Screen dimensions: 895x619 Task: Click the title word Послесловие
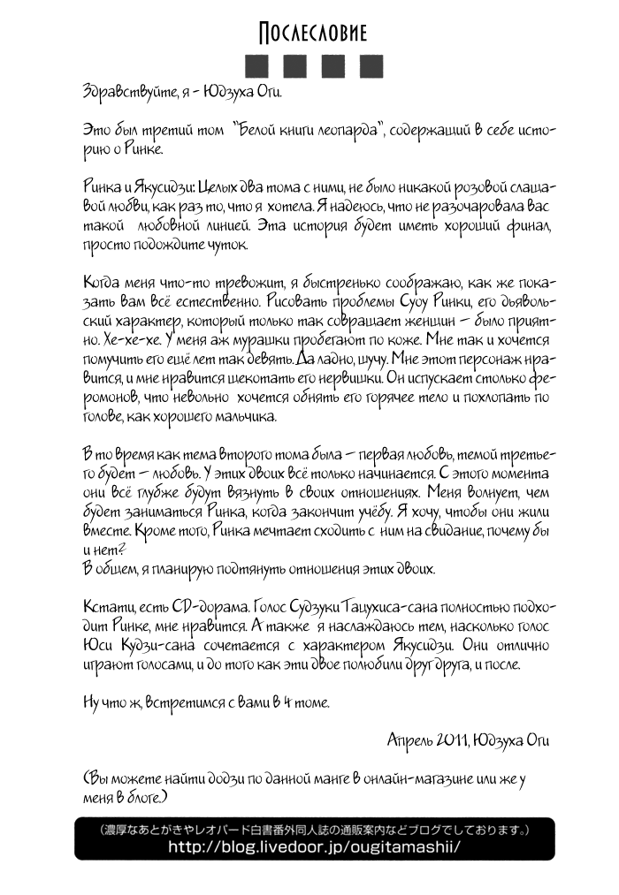tap(312, 34)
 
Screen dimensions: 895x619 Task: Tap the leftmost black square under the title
tap(256, 67)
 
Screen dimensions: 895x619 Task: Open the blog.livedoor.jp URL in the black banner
tap(314, 846)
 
